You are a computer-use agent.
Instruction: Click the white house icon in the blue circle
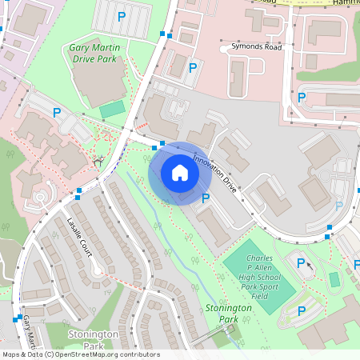pyautogui.click(x=179, y=173)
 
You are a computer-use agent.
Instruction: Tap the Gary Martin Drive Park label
pyautogui.click(x=94, y=53)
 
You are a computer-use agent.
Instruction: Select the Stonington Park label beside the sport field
pyautogui.click(x=222, y=313)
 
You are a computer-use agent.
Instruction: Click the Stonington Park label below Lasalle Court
pyautogui.click(x=93, y=340)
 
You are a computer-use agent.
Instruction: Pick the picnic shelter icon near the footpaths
pyautogui.click(x=98, y=162)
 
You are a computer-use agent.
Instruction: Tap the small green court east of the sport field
pyautogui.click(x=334, y=280)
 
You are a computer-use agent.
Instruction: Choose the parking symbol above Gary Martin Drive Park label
pyautogui.click(x=122, y=16)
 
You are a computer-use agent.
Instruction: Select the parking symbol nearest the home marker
pyautogui.click(x=206, y=198)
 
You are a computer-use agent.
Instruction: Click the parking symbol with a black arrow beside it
pyautogui.click(x=301, y=262)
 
